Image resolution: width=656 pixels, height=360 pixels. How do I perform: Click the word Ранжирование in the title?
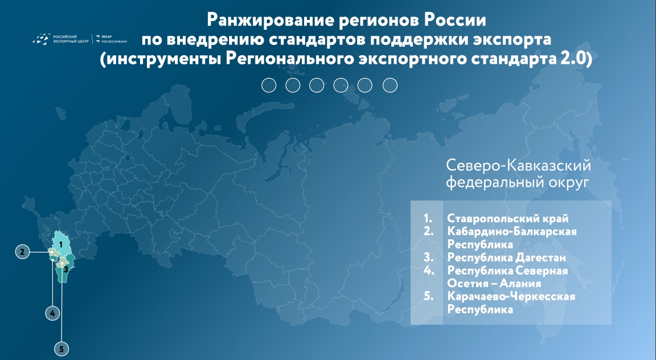point(270,20)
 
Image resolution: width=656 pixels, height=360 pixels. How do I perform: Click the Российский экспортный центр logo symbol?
point(42,39)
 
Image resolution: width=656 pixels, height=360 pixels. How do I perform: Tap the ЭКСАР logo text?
point(107,36)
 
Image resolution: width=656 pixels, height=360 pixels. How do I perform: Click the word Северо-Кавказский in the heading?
point(518,165)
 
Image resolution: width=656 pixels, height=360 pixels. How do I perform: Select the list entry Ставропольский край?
point(507,218)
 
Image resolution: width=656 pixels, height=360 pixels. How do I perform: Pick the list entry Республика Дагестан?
point(506,257)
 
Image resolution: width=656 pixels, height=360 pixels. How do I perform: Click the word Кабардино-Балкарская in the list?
point(512,231)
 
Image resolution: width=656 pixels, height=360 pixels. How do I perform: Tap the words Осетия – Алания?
point(494,284)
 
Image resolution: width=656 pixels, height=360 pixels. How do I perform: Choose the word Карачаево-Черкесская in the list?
point(511,296)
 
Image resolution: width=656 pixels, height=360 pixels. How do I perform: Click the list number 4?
point(428,271)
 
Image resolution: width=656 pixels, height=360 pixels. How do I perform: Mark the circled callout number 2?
point(23,252)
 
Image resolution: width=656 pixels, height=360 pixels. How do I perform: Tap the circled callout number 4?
point(52,313)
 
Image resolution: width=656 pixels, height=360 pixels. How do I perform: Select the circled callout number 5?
point(61,349)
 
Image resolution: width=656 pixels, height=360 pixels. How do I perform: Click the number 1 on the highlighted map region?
point(61,244)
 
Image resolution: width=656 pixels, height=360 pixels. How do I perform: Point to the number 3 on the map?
point(65,270)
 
